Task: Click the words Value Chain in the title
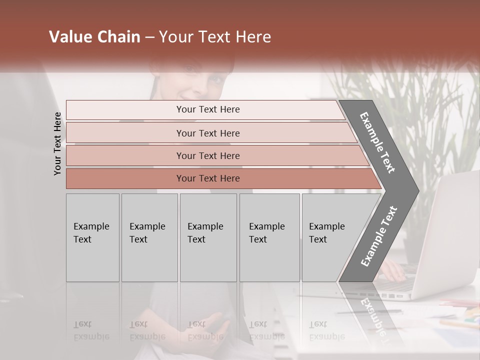pyautogui.click(x=94, y=37)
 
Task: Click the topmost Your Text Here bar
pyautogui.click(x=207, y=109)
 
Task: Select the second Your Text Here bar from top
pyautogui.click(x=208, y=133)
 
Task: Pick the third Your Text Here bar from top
pyautogui.click(x=208, y=155)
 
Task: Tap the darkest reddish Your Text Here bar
pyautogui.click(x=208, y=178)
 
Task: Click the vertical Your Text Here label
pyautogui.click(x=57, y=144)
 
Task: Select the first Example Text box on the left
pyautogui.click(x=92, y=237)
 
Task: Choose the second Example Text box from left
pyautogui.click(x=149, y=237)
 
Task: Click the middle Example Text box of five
pyautogui.click(x=208, y=237)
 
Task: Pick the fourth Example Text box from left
pyautogui.click(x=269, y=237)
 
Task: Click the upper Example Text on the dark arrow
pyautogui.click(x=378, y=142)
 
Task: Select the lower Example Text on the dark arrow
pyautogui.click(x=379, y=236)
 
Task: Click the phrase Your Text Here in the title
pyautogui.click(x=215, y=37)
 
